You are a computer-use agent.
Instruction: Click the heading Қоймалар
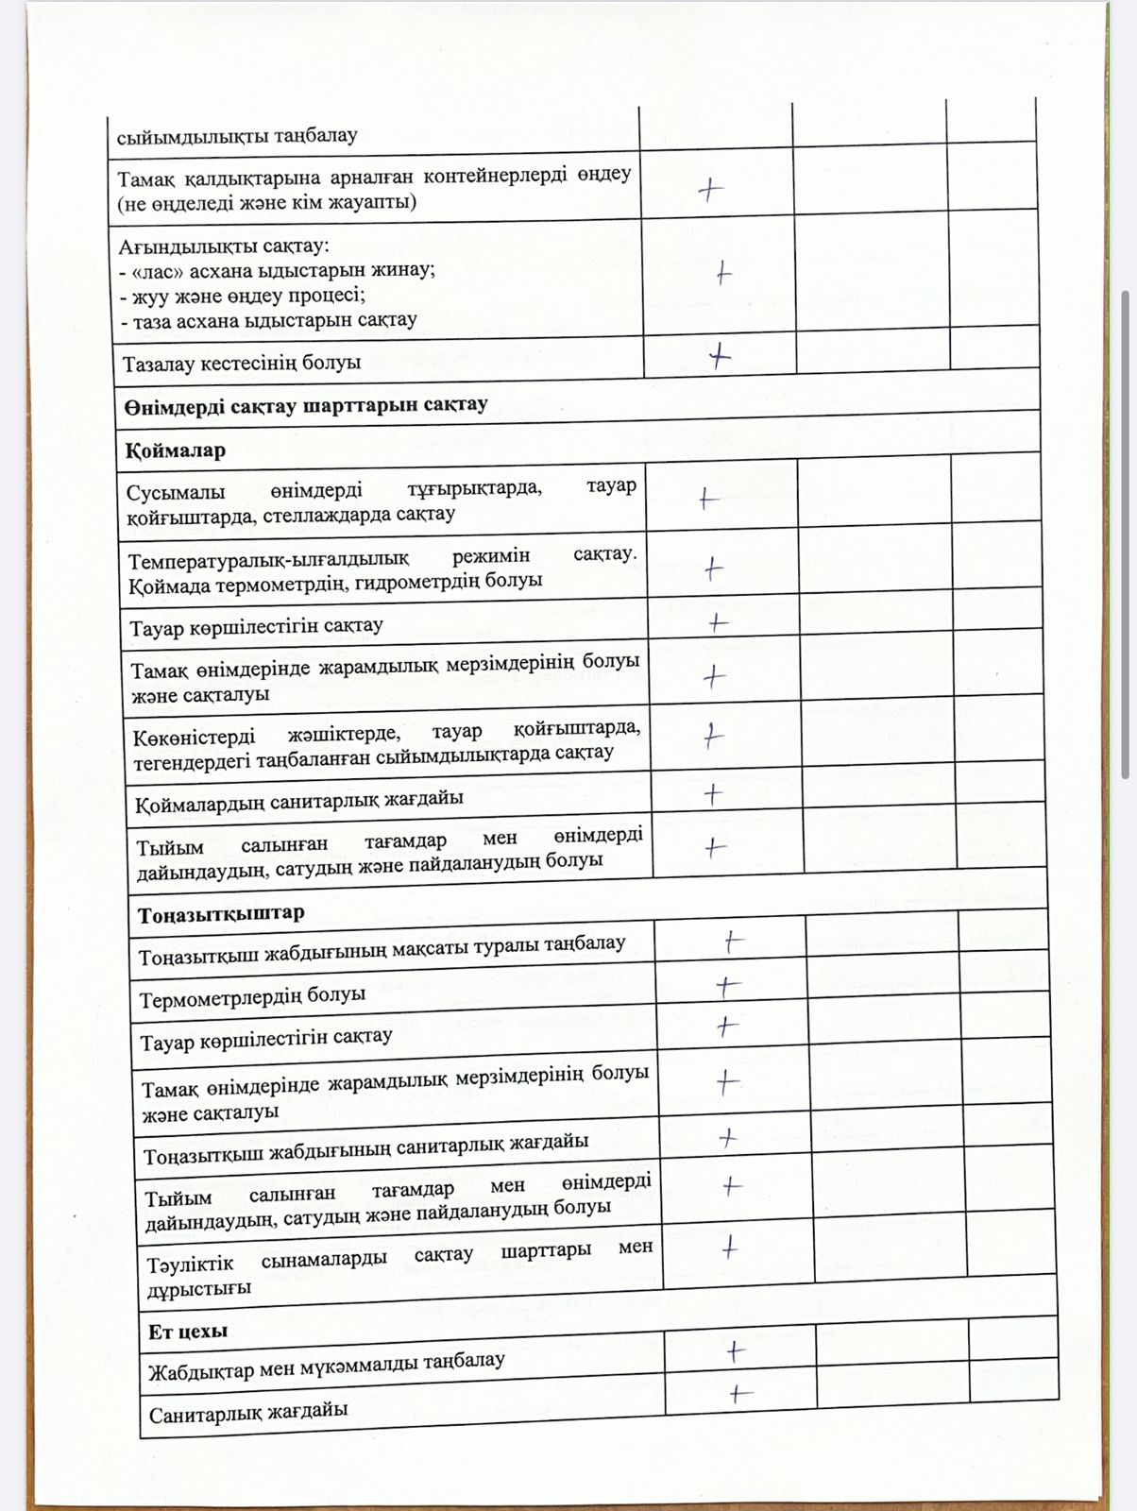click(175, 450)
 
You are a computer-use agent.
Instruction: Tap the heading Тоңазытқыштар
click(221, 914)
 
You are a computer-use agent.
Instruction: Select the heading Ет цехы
click(188, 1331)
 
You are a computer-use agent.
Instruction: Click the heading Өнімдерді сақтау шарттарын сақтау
click(306, 406)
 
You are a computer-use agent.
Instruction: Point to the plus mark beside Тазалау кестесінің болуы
click(720, 356)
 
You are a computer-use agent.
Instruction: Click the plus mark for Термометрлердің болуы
click(728, 987)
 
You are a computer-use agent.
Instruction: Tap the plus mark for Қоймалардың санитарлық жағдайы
click(714, 794)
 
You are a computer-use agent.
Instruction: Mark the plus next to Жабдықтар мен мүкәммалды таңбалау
click(736, 1351)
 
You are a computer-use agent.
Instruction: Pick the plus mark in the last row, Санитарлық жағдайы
click(740, 1393)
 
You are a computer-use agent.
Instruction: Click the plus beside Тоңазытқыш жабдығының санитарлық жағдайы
click(727, 1138)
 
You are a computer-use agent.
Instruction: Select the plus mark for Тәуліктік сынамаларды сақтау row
click(729, 1248)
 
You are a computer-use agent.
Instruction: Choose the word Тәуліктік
click(190, 1265)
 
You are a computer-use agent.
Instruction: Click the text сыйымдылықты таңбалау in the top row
click(237, 136)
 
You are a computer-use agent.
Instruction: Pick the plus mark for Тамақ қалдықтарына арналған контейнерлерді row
click(710, 190)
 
